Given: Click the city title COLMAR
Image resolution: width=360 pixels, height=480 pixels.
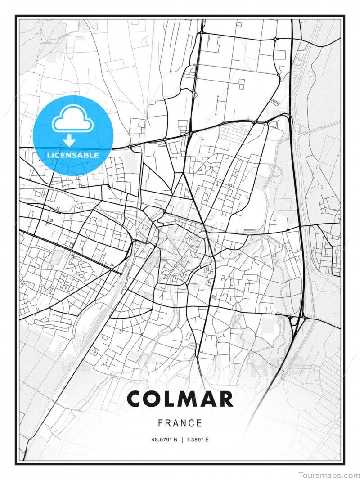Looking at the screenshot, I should [x=180, y=399].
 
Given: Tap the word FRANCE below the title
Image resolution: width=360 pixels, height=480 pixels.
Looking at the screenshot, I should [x=180, y=423].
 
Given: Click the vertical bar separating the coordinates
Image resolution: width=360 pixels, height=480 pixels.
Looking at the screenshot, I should [x=181, y=440].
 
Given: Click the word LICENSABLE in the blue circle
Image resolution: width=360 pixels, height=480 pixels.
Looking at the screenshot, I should [x=72, y=155].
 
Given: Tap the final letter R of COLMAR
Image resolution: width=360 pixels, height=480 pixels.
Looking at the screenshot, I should [x=225, y=399].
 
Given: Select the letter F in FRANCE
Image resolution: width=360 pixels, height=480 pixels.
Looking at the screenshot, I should [x=160, y=423].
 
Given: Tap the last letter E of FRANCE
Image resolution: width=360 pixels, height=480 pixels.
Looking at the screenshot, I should [x=200, y=423].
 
